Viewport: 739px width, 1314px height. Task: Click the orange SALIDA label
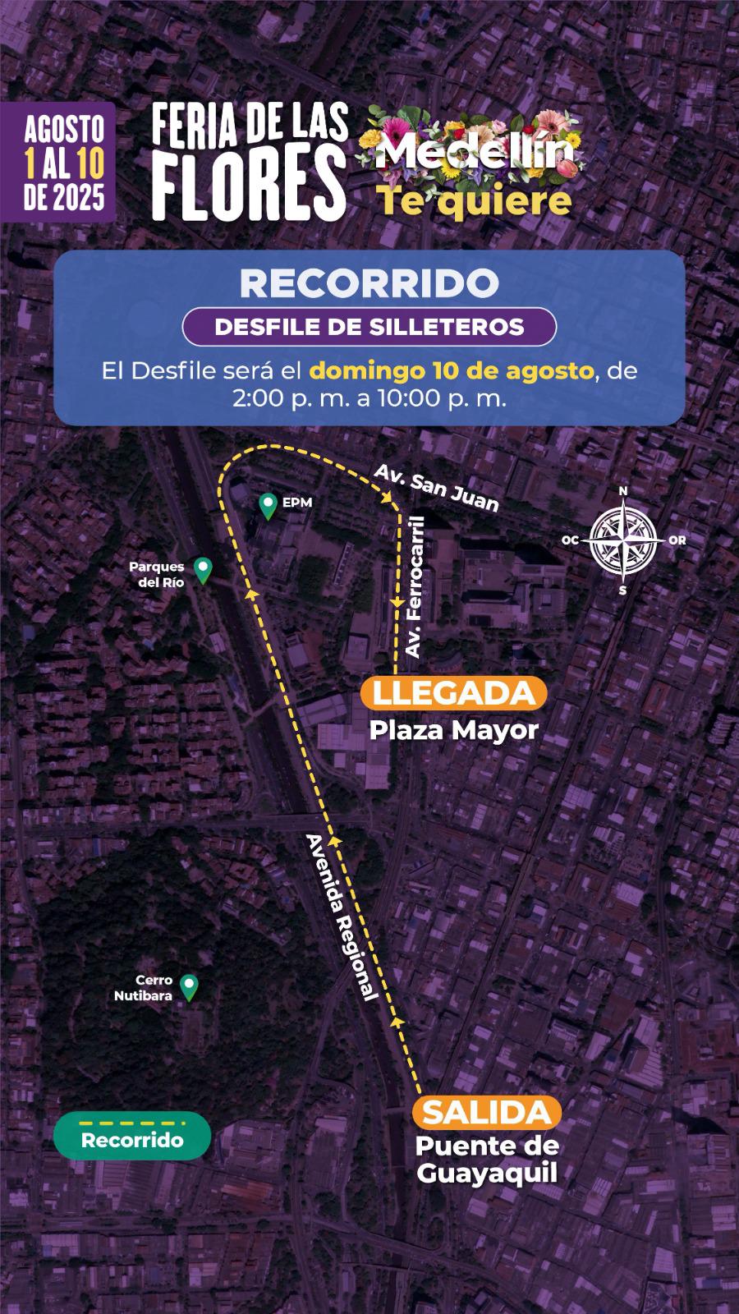[487, 1114]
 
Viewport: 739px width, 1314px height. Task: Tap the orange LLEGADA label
[453, 693]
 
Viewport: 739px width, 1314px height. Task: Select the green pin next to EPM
[268, 505]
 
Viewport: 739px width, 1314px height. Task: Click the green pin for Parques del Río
[202, 569]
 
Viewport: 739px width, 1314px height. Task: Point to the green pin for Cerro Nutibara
[190, 986]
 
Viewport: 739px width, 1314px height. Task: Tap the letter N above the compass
[623, 491]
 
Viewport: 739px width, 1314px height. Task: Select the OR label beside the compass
[677, 540]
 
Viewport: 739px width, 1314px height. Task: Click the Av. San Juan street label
[436, 486]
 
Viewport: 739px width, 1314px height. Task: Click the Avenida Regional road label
[341, 917]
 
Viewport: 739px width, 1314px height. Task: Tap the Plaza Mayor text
[453, 730]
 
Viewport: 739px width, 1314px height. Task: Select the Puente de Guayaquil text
[487, 1160]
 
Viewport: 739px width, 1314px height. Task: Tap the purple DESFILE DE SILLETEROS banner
[369, 326]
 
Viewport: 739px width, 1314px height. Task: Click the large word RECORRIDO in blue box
[369, 283]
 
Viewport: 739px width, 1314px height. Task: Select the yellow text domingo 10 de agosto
[451, 370]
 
